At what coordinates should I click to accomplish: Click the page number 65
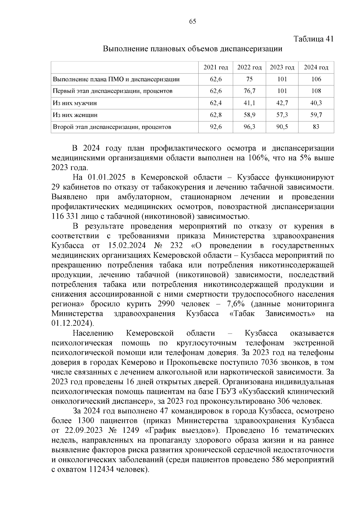coord(193,21)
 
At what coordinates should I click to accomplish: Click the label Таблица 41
coord(314,39)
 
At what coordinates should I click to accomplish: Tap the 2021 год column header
coord(216,67)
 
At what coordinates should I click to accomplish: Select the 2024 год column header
coord(316,67)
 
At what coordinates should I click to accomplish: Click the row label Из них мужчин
coord(75,103)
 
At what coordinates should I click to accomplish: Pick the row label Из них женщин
coord(75,115)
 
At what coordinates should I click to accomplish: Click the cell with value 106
coord(316,79)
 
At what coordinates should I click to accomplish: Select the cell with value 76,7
coord(249,91)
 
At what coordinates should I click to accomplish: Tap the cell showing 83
coord(316,127)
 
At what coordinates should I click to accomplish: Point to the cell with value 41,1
coord(249,103)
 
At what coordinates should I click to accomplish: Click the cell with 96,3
coord(249,127)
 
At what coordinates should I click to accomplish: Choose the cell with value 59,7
coord(316,115)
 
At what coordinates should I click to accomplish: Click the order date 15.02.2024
coord(126,246)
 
